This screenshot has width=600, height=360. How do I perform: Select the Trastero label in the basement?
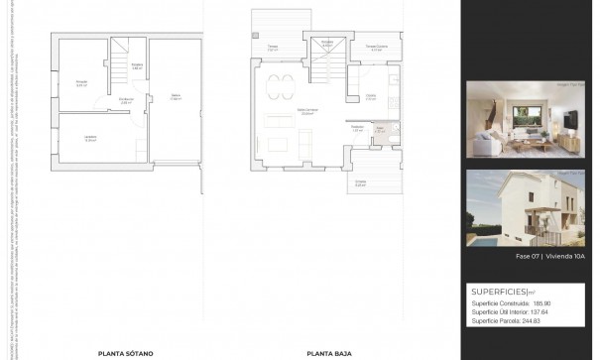(82, 83)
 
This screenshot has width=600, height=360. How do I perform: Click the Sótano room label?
(176, 96)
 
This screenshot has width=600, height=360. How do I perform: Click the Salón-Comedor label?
(307, 111)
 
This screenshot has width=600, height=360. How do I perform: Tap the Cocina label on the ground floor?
(370, 96)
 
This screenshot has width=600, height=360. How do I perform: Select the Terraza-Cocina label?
(375, 47)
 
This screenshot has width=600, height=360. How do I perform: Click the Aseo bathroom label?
(379, 128)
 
